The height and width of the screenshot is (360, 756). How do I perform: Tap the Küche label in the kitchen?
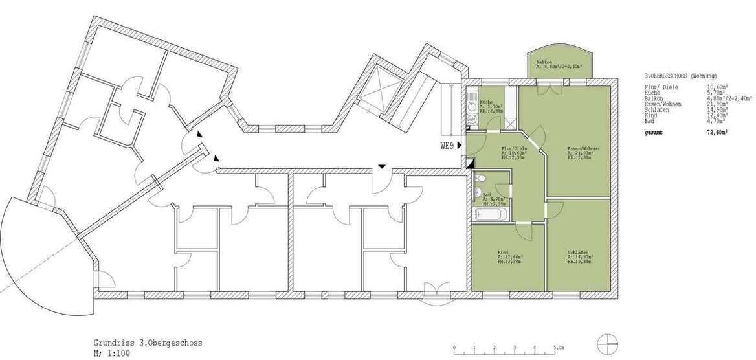(x=487, y=102)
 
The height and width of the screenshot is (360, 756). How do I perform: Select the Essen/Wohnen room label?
(x=580, y=149)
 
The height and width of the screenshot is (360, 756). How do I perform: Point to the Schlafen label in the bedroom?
(x=578, y=253)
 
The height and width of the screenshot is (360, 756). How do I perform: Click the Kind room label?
(x=502, y=253)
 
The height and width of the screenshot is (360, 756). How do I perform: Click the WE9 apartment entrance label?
(x=447, y=146)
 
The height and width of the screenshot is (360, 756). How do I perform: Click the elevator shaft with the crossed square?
(x=376, y=95)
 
